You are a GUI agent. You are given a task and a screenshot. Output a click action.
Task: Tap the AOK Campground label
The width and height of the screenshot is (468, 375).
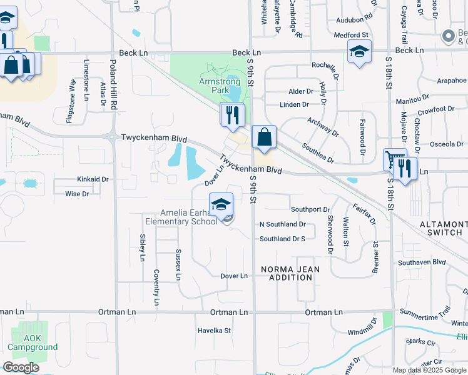(x=33, y=343)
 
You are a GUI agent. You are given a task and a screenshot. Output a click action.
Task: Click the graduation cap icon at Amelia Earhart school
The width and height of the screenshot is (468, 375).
(x=221, y=204)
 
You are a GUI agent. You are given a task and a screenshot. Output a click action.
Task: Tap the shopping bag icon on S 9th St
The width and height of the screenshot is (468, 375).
(x=264, y=136)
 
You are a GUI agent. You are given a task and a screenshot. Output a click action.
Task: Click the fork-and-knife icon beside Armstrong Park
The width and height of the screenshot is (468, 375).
(x=232, y=114)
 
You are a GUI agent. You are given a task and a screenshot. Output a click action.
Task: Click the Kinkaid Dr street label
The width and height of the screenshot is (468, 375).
(x=93, y=179)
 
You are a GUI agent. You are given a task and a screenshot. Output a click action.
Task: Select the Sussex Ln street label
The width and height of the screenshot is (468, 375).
(x=178, y=259)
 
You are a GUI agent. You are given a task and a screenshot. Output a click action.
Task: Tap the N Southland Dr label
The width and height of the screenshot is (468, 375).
(x=283, y=224)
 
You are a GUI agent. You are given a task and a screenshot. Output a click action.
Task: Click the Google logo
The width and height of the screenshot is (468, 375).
(x=21, y=367)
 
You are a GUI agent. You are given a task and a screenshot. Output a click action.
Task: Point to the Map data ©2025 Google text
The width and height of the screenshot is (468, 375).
(x=429, y=370)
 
